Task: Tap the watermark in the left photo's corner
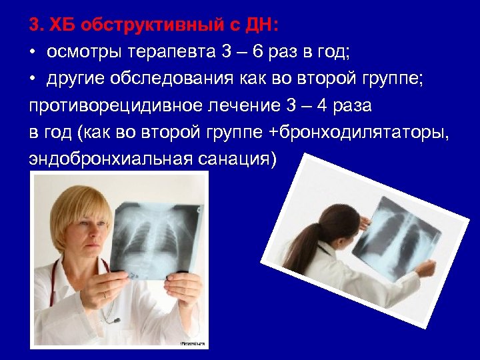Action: (x=193, y=343)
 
